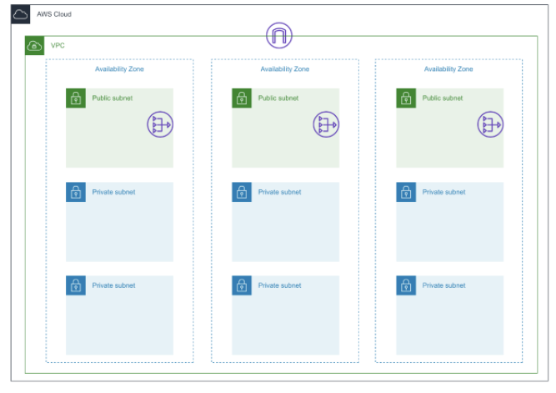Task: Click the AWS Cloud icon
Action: [x=21, y=15]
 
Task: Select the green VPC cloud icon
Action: [x=34, y=45]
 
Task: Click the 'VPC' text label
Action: [x=58, y=45]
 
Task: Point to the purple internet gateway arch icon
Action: [x=279, y=36]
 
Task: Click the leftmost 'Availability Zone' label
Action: [x=119, y=69]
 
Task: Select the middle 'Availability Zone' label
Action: [x=284, y=69]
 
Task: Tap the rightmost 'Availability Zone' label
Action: [x=448, y=69]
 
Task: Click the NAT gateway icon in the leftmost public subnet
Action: [x=159, y=125]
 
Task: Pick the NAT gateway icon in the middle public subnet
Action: [x=326, y=125]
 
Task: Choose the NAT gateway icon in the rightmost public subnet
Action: [x=489, y=125]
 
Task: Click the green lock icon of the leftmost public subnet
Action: [x=76, y=98]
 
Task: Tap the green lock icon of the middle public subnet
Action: [x=242, y=98]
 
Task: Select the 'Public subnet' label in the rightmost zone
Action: [x=443, y=98]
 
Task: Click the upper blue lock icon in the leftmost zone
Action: [x=76, y=193]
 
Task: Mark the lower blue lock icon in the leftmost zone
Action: [x=76, y=286]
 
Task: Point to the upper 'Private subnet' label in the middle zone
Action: [x=279, y=193]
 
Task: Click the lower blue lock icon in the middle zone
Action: [x=242, y=286]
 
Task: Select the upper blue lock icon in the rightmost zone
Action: [x=406, y=193]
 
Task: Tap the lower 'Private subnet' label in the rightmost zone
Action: [x=443, y=286]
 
